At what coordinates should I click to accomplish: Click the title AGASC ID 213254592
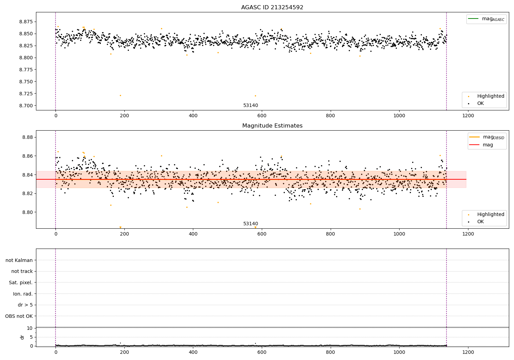click(272, 8)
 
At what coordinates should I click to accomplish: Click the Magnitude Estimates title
click(272, 126)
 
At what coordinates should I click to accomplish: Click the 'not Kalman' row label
click(19, 260)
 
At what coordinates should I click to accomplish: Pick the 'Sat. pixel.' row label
click(21, 283)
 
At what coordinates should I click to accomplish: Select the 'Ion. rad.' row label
click(23, 294)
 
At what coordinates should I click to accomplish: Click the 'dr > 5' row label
click(25, 305)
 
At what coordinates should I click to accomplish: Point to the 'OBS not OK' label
click(19, 316)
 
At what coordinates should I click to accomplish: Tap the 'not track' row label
click(22, 271)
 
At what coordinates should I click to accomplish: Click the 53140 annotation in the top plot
click(250, 106)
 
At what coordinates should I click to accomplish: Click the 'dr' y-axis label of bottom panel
click(22, 337)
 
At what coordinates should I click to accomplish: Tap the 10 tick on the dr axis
click(30, 328)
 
